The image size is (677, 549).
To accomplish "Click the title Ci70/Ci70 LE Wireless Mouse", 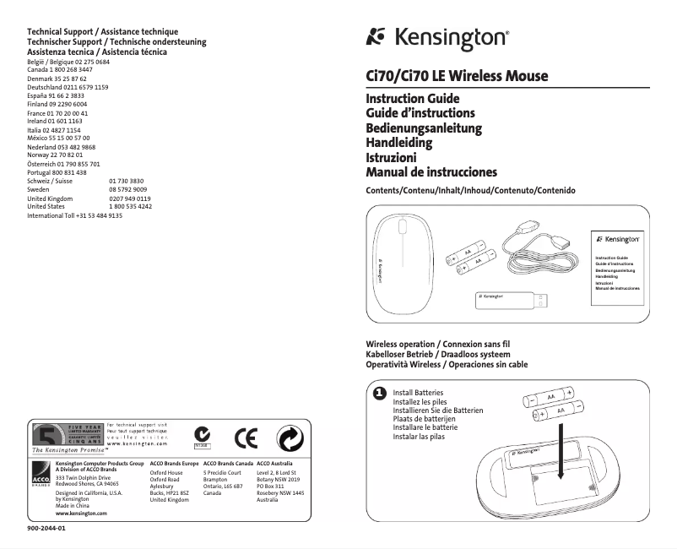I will point(457,77).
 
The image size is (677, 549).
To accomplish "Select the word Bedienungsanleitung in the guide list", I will point(423,128).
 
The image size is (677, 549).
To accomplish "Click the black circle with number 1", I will point(379,394).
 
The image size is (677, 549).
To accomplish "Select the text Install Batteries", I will point(418,394).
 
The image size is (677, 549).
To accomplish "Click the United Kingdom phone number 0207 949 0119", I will point(130,198).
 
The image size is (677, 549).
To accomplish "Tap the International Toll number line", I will point(74,215).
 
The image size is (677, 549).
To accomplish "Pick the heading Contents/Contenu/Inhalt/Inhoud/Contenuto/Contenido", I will point(469,192).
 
